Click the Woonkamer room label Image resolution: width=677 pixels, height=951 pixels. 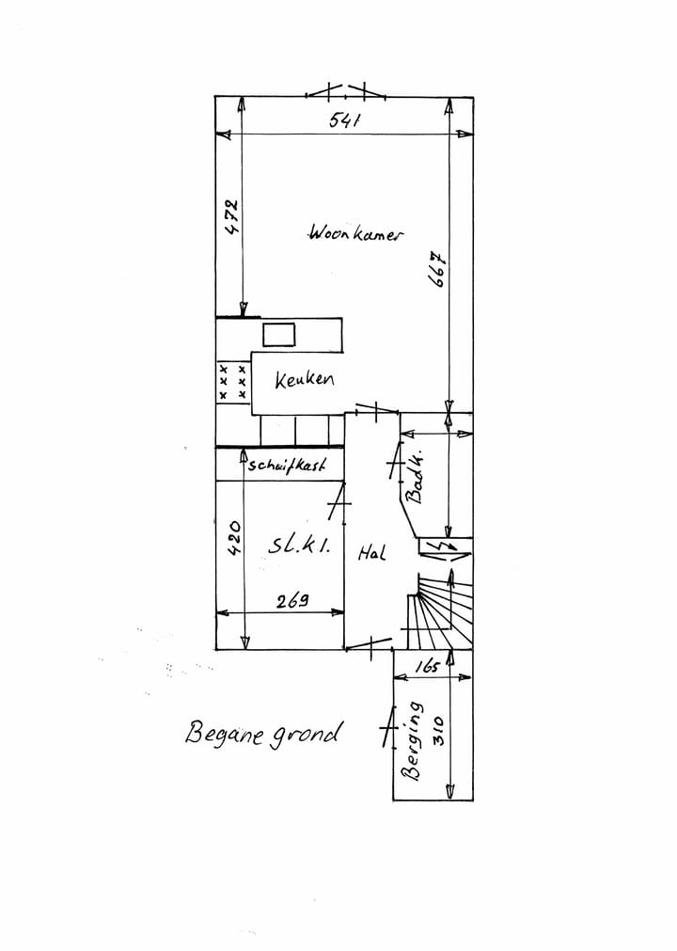pos(355,233)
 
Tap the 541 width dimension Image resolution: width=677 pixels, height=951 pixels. pos(345,120)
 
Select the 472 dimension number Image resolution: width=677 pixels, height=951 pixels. pos(231,216)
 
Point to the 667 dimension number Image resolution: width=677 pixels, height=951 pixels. pos(438,269)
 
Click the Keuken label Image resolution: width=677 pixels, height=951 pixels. pos(304,379)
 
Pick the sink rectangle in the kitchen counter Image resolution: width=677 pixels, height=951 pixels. pos(279,335)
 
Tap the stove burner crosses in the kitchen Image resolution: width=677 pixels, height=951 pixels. pos(233,382)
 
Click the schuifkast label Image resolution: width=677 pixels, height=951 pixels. pos(288,465)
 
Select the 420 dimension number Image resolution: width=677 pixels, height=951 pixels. pos(234,537)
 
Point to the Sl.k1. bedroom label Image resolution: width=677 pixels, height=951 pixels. pos(299,546)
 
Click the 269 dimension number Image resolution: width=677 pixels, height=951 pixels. pos(292,600)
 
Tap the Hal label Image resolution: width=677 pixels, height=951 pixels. pos(370,552)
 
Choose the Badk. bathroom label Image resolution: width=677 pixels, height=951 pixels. pos(416,479)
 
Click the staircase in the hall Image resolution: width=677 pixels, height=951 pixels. pos(439,611)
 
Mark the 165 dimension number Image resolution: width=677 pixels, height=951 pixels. pos(427,666)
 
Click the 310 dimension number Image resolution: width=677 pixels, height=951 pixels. pos(439,731)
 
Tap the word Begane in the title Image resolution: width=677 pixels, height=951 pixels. pos(225,733)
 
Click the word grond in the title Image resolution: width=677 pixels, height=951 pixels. pos(305,736)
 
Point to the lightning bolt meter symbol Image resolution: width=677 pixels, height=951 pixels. pos(445,547)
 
